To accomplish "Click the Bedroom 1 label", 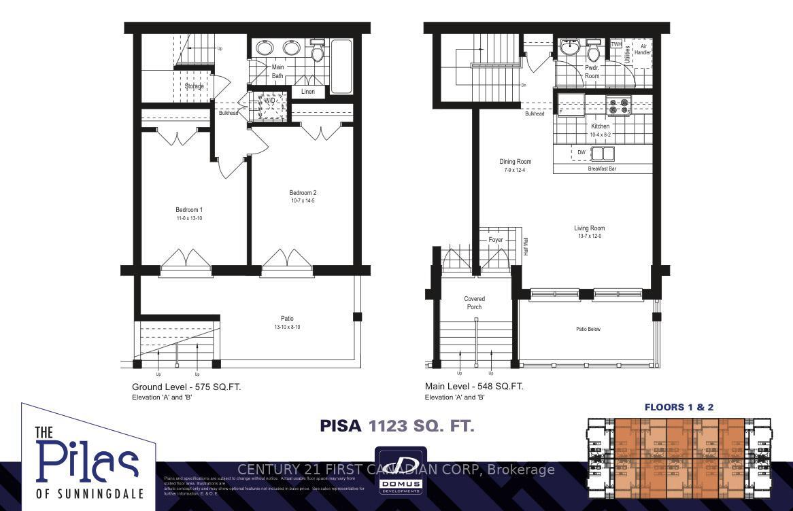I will (189, 209).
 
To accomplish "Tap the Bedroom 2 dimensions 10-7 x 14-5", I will (303, 201).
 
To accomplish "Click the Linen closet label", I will (307, 92).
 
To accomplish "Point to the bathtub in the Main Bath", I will (341, 66).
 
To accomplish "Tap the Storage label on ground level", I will (194, 86).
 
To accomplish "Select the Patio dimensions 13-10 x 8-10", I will (288, 327).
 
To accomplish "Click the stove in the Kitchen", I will (618, 105).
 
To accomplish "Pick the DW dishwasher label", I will (581, 153).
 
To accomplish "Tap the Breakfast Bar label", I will (602, 169).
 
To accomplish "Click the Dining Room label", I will (515, 162).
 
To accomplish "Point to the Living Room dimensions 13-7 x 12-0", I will (589, 236).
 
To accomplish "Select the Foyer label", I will (496, 240).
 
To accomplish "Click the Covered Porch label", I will (475, 302).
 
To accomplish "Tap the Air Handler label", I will (642, 49).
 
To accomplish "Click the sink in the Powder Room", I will (569, 48).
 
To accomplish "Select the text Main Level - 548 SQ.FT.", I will (474, 387).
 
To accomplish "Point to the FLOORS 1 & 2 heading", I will (679, 407).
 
